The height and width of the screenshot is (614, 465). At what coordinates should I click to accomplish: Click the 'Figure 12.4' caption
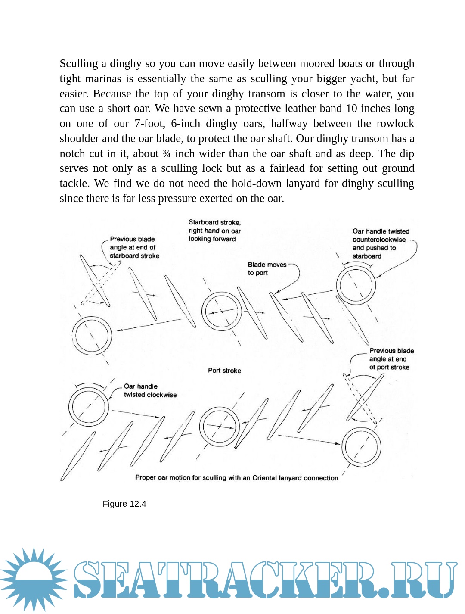124,504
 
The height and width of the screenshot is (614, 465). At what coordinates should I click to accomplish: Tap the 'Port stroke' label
224,371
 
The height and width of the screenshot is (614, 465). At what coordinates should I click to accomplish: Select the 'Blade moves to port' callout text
267,269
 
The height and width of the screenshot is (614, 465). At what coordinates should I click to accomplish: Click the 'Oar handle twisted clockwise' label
150,390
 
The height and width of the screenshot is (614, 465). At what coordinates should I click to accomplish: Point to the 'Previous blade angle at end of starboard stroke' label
134,247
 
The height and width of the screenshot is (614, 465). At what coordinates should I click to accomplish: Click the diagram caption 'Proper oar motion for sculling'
236,477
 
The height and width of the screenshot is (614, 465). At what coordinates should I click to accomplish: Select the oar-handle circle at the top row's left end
92,336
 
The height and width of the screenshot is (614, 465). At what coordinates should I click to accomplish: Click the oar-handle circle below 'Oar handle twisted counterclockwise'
356,285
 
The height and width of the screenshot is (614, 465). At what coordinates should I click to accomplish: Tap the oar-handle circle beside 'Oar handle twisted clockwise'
89,407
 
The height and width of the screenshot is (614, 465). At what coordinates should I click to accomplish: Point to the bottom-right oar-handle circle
361,447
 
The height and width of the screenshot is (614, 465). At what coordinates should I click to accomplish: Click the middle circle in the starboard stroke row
221,311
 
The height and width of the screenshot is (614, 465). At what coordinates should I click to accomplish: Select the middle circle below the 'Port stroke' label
220,426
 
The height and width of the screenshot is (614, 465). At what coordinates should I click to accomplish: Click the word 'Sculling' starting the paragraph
79,64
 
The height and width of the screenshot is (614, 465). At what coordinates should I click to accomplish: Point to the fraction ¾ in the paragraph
167,154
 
